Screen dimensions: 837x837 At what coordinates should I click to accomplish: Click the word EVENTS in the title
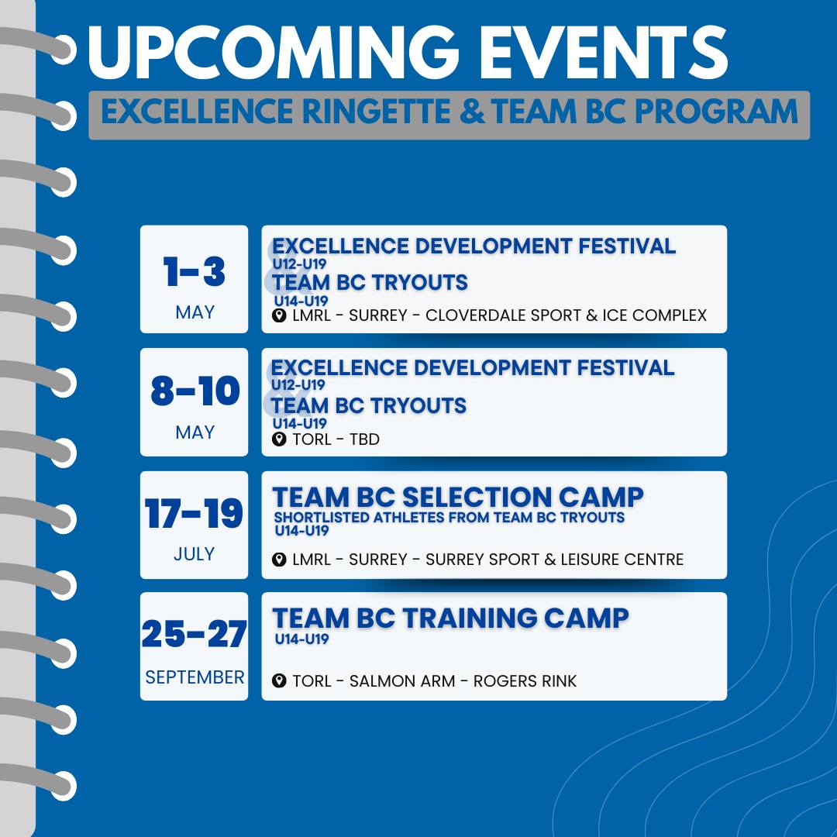(604, 53)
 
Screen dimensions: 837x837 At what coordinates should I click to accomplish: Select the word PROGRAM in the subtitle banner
(716, 112)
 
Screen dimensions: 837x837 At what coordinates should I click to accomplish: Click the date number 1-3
(195, 271)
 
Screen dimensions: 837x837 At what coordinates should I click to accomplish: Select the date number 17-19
(195, 514)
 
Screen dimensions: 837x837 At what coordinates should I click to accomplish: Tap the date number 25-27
(195, 634)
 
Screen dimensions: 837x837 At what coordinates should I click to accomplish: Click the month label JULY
(195, 554)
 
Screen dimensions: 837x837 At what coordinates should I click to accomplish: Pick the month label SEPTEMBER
(195, 677)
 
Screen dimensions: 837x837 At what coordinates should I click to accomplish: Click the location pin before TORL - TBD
(279, 439)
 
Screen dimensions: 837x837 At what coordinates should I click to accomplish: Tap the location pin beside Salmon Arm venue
(279, 680)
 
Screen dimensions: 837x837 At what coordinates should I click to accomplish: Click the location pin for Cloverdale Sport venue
(279, 315)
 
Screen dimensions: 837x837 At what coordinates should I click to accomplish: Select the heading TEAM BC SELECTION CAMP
(458, 497)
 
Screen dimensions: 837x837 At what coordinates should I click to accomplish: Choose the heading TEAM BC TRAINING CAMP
(450, 618)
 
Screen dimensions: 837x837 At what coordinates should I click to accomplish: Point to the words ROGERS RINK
(525, 681)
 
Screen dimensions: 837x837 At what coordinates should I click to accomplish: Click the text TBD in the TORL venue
(364, 439)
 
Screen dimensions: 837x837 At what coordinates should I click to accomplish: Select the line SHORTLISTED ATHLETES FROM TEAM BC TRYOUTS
(449, 517)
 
